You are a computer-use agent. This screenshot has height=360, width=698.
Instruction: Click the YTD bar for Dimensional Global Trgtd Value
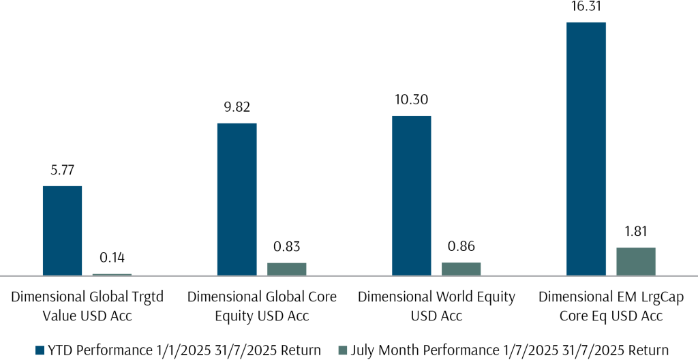(62, 230)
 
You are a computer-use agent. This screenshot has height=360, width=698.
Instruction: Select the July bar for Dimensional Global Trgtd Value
(112, 274)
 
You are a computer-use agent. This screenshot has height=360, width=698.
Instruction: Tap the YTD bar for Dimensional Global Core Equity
(237, 199)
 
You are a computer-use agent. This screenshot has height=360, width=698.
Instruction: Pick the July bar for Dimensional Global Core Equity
(286, 269)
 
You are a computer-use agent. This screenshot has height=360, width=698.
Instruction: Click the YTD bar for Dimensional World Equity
(412, 196)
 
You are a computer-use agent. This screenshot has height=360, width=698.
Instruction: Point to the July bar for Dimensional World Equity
(461, 269)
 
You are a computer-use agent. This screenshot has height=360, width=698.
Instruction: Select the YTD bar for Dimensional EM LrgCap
(586, 149)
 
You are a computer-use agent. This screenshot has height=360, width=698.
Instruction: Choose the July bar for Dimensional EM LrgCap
(636, 261)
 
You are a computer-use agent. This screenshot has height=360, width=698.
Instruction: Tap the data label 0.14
(112, 259)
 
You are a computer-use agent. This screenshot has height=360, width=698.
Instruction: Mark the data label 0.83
(286, 247)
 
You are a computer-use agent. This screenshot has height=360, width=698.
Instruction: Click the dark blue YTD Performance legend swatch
(40, 350)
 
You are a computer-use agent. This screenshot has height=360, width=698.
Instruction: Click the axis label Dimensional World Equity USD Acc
(436, 306)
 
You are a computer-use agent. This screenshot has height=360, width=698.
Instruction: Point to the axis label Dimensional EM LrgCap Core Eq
(611, 306)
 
